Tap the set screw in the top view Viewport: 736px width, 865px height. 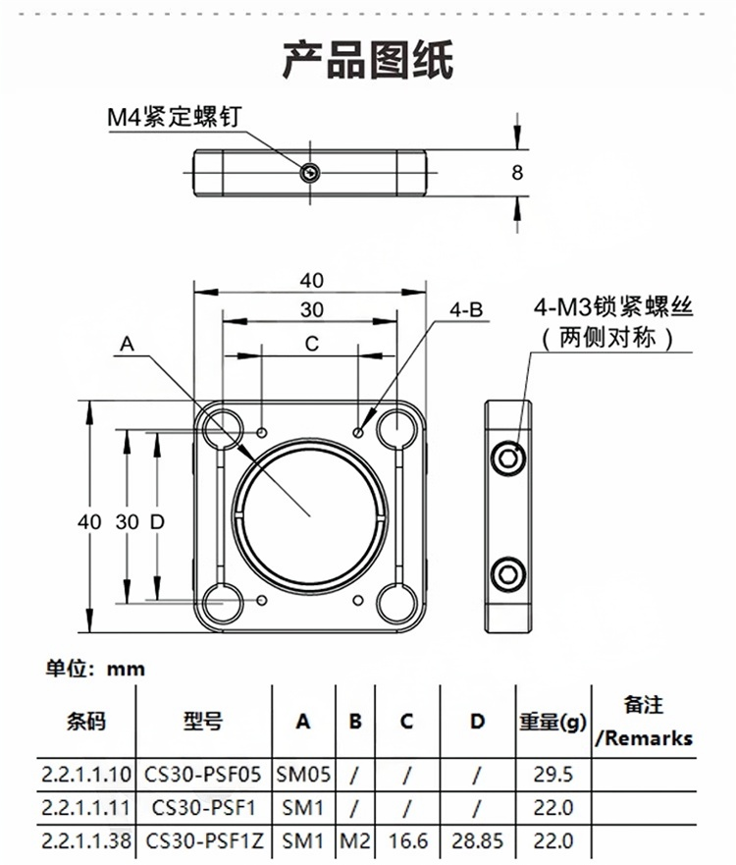pyautogui.click(x=310, y=173)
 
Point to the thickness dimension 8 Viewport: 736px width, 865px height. pyautogui.click(x=517, y=172)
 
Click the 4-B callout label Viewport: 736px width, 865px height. pyautogui.click(x=467, y=310)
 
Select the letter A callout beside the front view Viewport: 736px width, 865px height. pyautogui.click(x=127, y=345)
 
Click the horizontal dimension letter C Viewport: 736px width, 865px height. pyautogui.click(x=311, y=345)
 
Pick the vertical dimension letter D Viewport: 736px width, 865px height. pyautogui.click(x=155, y=521)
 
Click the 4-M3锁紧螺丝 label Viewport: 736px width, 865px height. pyautogui.click(x=613, y=307)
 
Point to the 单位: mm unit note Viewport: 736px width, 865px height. pyautogui.click(x=95, y=670)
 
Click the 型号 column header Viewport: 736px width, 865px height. pyautogui.click(x=202, y=722)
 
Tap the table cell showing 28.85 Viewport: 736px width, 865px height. pyautogui.click(x=476, y=841)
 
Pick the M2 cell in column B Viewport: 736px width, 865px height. pyautogui.click(x=354, y=841)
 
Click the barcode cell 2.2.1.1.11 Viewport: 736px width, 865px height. pyautogui.click(x=86, y=807)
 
